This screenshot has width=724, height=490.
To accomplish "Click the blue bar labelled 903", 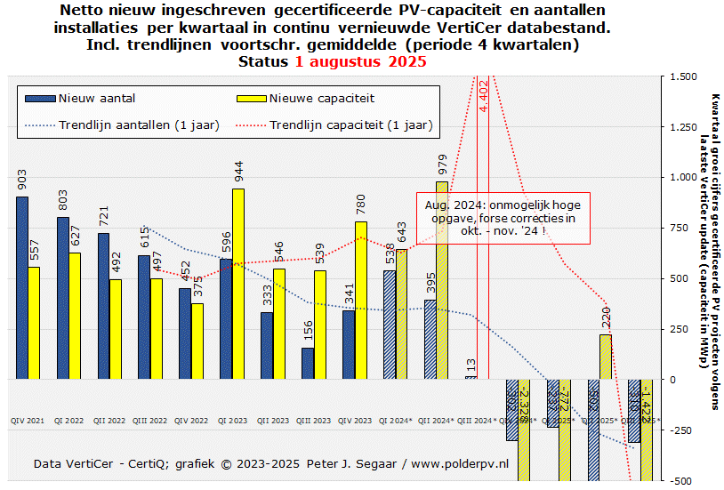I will (x=22, y=288).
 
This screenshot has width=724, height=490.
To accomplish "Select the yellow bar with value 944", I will (x=238, y=284).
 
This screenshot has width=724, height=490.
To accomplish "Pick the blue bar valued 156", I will (x=308, y=363).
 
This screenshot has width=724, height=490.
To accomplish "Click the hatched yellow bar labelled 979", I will (x=441, y=280).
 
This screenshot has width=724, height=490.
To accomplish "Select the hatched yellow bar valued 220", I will (x=606, y=357).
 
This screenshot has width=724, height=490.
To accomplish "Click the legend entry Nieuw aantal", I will (x=96, y=98).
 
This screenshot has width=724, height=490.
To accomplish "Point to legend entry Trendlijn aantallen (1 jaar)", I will (x=139, y=125).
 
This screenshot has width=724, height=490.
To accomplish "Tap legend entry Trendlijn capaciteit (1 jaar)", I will (x=350, y=125).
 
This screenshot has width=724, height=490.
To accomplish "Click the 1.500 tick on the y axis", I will (x=685, y=76).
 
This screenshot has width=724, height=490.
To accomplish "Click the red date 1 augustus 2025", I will (x=360, y=62).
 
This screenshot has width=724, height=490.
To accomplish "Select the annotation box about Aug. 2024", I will (x=503, y=217).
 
